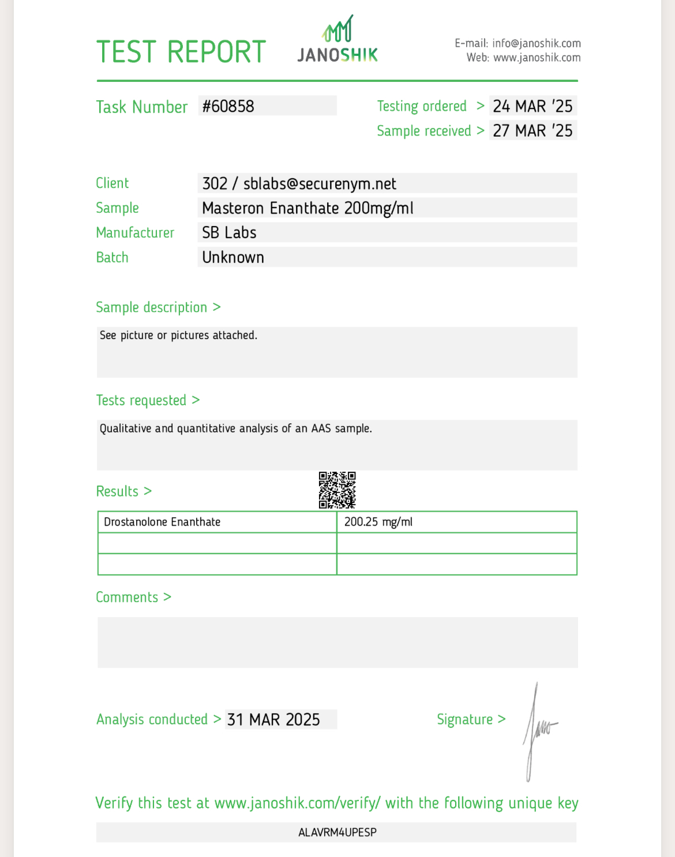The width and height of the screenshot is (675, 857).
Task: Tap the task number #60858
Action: point(228,106)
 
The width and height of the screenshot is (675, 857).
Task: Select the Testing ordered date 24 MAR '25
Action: point(532,106)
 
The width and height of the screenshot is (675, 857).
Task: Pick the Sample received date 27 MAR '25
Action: point(532,131)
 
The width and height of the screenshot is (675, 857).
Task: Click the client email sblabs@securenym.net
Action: point(320,184)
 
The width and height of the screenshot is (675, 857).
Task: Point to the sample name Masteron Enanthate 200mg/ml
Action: point(307,208)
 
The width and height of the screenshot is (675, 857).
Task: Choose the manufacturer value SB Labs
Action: point(229,233)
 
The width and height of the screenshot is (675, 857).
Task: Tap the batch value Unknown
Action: point(233,258)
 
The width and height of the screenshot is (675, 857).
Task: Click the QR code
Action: point(337,490)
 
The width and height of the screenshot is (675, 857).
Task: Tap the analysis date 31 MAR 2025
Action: point(273,720)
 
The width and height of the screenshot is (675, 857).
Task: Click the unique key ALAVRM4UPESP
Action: point(337,833)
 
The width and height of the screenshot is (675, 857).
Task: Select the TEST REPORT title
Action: point(181,52)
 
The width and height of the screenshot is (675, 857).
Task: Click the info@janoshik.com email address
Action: point(536,43)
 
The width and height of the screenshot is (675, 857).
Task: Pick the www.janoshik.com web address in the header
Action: point(537,58)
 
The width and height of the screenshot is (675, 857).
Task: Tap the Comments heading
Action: point(127,597)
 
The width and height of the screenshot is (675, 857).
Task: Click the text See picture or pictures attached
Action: point(178,336)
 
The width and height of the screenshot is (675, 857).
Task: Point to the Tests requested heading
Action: point(141,401)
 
